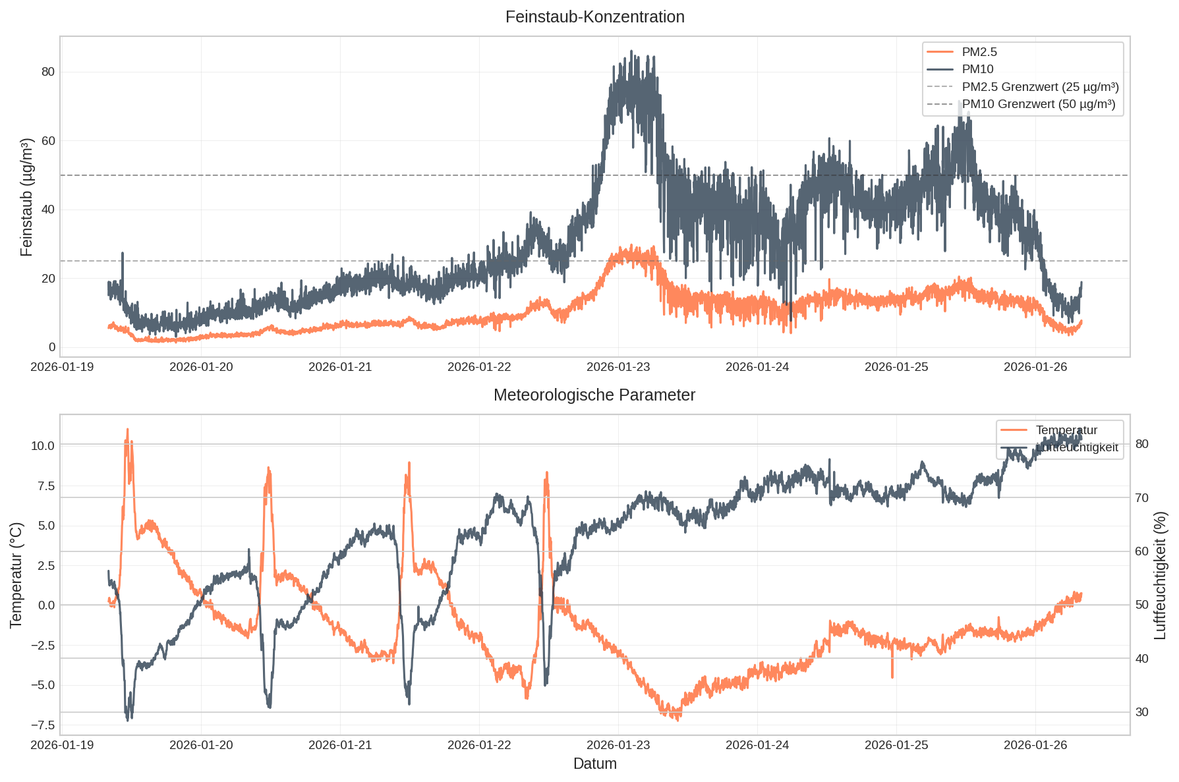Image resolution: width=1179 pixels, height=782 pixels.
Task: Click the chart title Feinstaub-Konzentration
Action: (x=594, y=17)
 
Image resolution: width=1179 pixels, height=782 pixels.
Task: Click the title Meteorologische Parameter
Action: (x=594, y=395)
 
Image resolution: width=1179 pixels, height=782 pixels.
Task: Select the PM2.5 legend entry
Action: (x=979, y=52)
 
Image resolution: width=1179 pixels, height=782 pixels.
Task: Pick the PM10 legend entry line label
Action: (x=977, y=69)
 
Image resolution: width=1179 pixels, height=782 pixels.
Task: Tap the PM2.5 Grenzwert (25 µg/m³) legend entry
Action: (x=1040, y=87)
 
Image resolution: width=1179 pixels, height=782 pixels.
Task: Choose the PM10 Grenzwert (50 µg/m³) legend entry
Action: (x=1039, y=104)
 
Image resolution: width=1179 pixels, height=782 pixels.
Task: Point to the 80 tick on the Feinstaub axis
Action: (x=48, y=72)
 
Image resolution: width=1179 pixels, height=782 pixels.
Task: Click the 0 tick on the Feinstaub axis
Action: (x=52, y=347)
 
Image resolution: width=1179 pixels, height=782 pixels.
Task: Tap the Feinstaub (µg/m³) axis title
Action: (x=26, y=197)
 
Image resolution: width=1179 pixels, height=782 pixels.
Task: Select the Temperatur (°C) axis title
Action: (x=16, y=574)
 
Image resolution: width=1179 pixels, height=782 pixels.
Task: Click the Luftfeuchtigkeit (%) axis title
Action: (x=1161, y=574)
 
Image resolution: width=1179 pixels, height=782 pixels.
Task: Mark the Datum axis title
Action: (x=594, y=764)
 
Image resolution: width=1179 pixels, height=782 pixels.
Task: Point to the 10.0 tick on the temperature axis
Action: (x=42, y=445)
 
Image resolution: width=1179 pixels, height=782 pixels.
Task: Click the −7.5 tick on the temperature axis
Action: (x=42, y=725)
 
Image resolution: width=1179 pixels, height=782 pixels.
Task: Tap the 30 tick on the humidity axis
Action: (x=1142, y=712)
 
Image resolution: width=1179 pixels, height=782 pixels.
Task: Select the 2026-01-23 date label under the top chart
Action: (x=618, y=367)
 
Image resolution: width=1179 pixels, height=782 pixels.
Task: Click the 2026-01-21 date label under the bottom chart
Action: (x=340, y=745)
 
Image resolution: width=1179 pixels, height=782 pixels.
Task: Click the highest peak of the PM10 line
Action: (x=631, y=51)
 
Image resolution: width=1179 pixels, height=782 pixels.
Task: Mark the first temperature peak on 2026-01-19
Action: (x=127, y=430)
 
